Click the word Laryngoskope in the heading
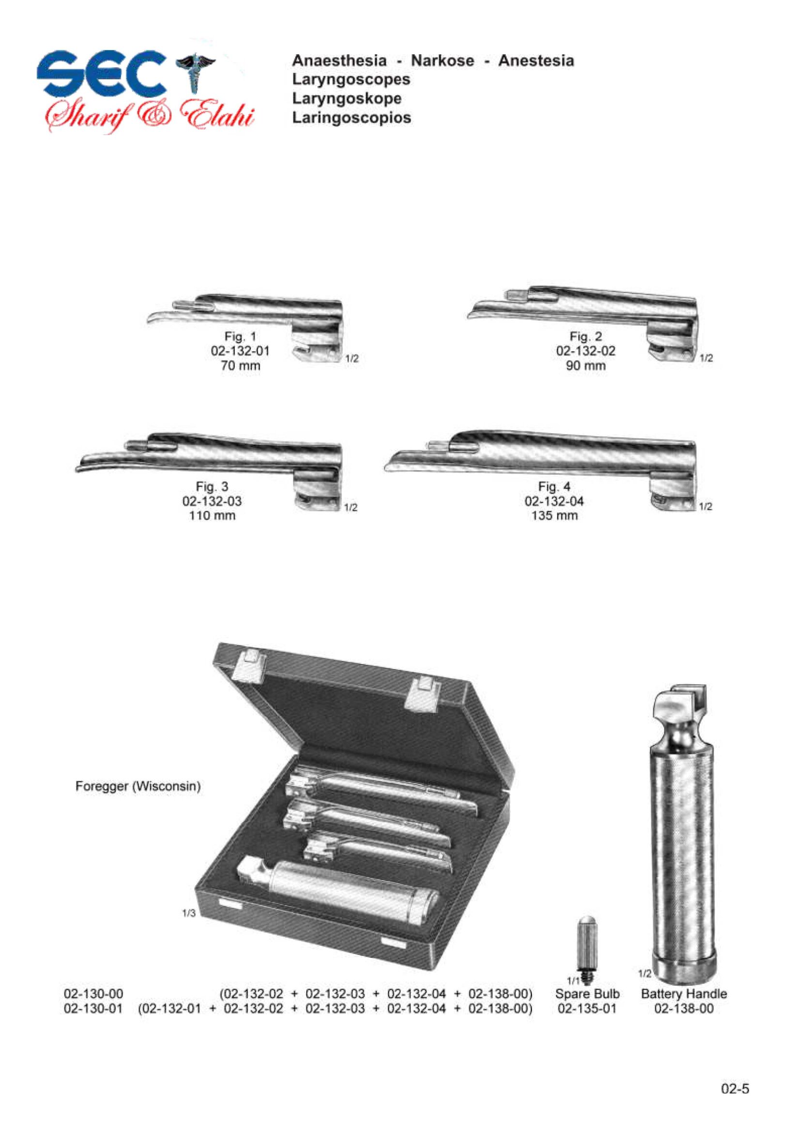347,99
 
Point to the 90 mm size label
586,366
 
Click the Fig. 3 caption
212,486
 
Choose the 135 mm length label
555,516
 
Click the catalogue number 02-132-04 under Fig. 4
555,501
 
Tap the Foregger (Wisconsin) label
138,786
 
